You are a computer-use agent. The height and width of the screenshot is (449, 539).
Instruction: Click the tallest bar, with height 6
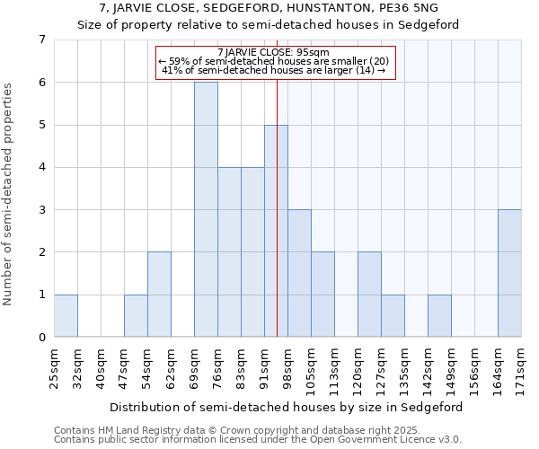click(x=206, y=209)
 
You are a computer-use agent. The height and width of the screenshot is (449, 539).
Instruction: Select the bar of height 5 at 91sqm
click(x=275, y=231)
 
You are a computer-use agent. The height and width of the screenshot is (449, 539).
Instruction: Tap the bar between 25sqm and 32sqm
click(x=66, y=316)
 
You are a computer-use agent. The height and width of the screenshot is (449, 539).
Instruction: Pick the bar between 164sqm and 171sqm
click(x=509, y=273)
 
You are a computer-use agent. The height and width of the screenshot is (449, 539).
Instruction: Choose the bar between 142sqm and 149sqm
click(x=439, y=316)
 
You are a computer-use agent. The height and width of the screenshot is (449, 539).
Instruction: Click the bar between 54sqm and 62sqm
click(x=159, y=295)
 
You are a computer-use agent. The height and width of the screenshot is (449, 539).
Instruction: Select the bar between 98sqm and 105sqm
click(x=299, y=273)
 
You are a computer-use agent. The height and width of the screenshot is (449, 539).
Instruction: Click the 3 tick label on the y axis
click(x=41, y=210)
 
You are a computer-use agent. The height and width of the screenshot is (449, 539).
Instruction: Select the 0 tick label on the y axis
click(x=41, y=338)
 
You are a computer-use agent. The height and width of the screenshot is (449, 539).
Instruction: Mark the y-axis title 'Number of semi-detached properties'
click(x=9, y=193)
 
